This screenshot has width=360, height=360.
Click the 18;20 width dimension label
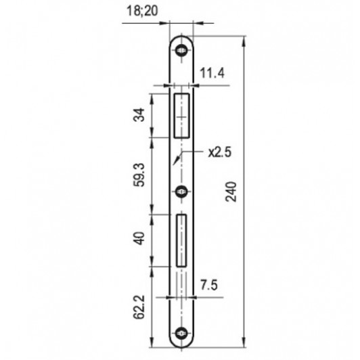142,11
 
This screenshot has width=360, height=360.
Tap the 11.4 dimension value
212,74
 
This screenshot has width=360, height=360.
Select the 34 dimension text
139,114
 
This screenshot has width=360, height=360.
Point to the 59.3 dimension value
139,175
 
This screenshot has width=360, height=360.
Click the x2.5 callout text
220,152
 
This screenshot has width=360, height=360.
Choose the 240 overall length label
231,192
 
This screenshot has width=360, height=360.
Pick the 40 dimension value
139,238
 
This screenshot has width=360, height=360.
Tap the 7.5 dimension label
208,286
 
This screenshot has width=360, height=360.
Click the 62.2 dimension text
139,307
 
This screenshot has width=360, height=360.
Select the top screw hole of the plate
181,50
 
